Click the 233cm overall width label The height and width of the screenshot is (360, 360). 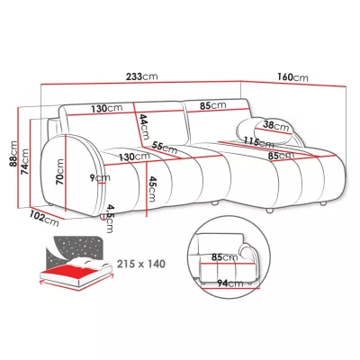[x=141, y=76]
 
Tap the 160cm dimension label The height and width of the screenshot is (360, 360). [x=292, y=77]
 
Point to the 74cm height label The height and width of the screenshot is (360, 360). [x=24, y=161]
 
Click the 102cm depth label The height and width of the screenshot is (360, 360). [x=44, y=219]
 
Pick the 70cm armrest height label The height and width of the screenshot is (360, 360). [x=59, y=172]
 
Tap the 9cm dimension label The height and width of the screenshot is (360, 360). [x=100, y=177]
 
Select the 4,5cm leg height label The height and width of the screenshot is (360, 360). [x=110, y=219]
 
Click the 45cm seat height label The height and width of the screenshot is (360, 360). [x=152, y=189]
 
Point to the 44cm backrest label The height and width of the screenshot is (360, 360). [x=144, y=127]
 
